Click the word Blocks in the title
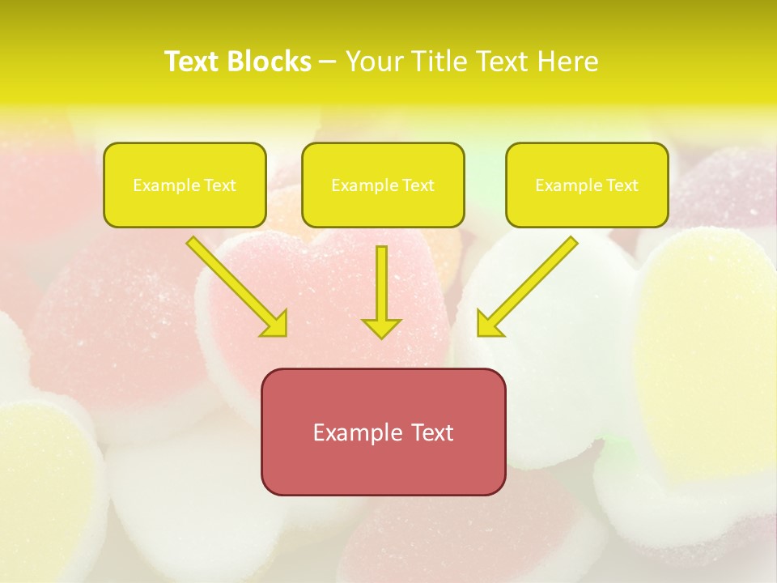[270, 62]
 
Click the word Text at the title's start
[193, 62]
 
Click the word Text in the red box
[431, 432]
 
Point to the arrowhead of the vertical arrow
[381, 327]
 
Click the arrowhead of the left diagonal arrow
[275, 325]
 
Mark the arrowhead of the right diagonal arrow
[488, 325]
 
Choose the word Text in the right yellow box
[622, 185]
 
